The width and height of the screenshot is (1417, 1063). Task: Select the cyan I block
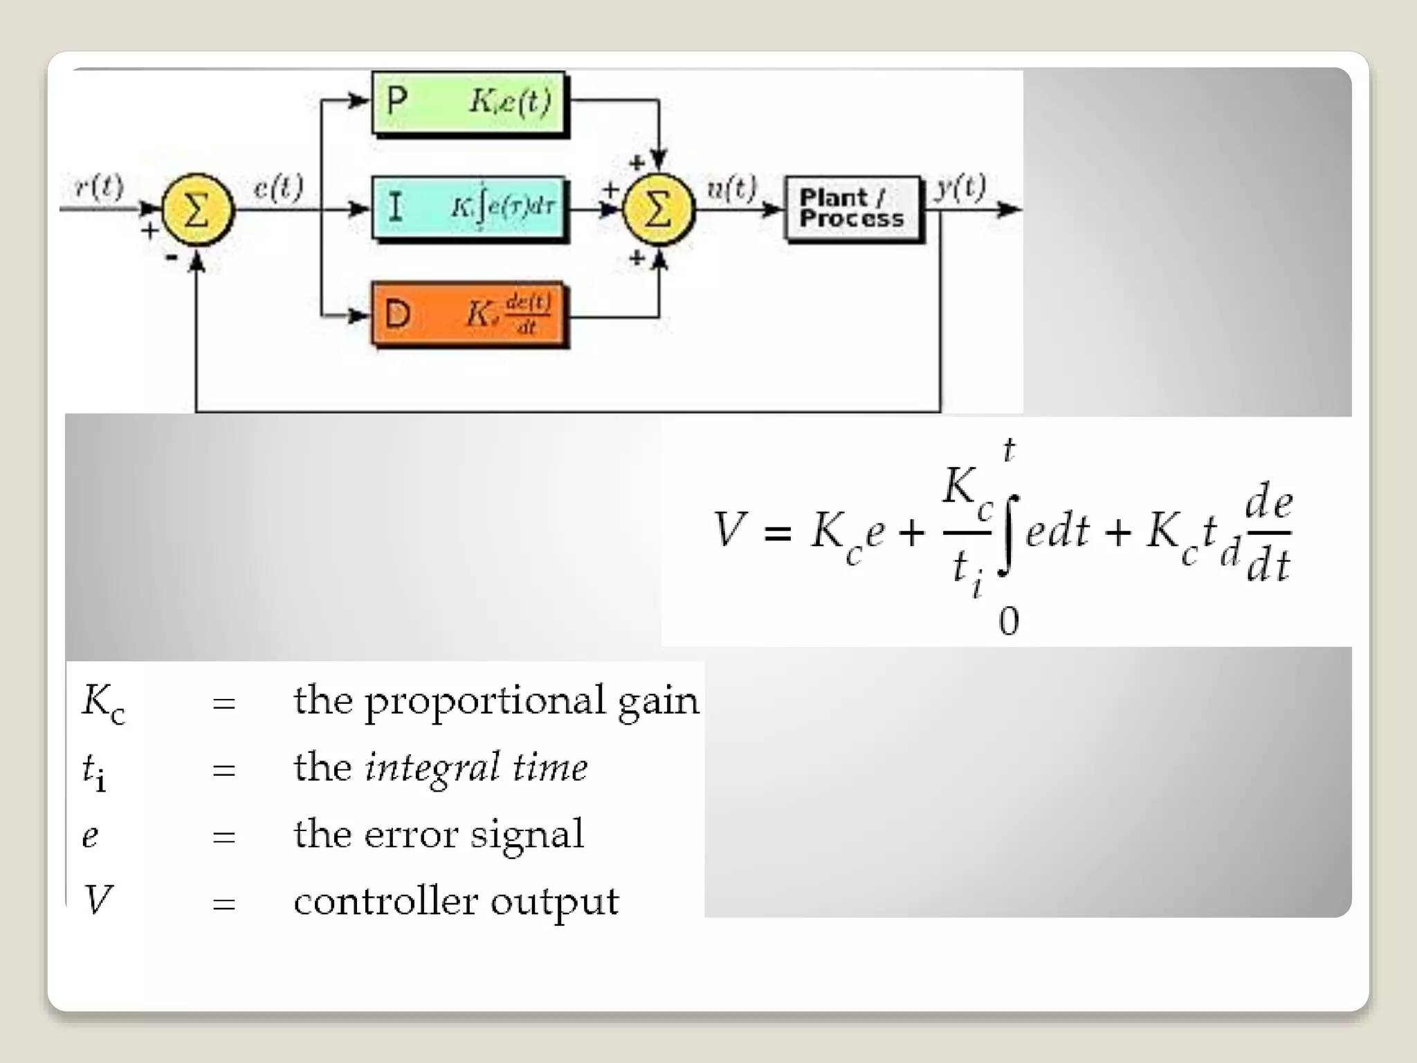468,208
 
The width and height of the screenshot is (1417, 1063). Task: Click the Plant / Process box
852,208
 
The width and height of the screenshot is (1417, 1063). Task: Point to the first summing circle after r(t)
197,209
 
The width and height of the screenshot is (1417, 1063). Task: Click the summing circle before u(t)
658,209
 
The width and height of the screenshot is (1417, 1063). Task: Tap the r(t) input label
100,187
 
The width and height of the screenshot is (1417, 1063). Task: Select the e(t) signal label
278,187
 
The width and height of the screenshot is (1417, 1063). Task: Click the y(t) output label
960,187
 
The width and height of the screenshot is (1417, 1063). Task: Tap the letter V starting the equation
729,530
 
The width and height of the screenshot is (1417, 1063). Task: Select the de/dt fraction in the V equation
1268,533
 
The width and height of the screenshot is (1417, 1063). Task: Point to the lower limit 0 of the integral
1009,621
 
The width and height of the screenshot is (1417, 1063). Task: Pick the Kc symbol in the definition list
103,702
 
